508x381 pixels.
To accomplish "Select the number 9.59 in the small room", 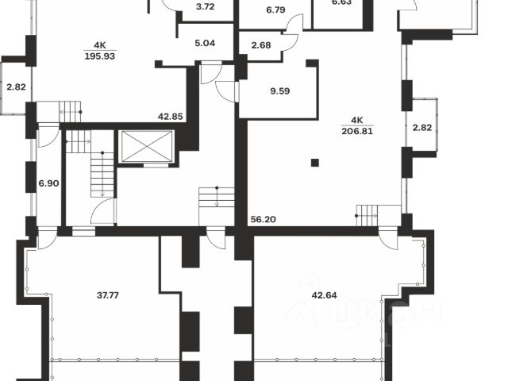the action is click(279, 90).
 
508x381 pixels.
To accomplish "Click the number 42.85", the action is click(171, 117).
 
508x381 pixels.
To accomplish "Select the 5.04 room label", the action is click(204, 44).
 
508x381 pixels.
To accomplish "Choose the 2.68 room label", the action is click(260, 44).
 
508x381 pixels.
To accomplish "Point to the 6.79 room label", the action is click(275, 10).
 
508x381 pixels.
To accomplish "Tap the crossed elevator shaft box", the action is click(144, 147).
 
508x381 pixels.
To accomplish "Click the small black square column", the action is click(315, 163).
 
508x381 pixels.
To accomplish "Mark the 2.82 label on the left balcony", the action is click(13, 87).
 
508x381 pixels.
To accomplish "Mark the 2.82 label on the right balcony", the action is click(421, 127).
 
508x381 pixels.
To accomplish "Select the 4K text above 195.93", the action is click(100, 44).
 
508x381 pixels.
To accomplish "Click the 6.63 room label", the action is click(341, 2).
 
